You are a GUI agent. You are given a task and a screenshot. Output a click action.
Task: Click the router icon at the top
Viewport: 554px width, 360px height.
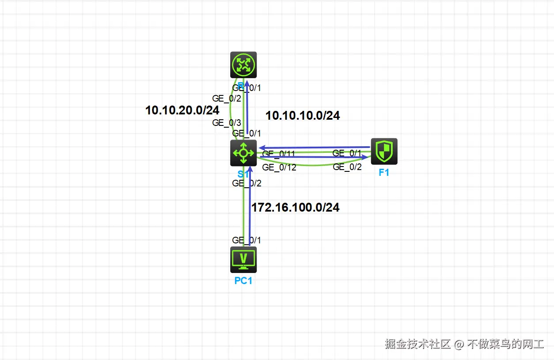coord(243,65)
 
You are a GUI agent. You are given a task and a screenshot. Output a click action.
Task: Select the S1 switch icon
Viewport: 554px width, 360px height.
coord(243,153)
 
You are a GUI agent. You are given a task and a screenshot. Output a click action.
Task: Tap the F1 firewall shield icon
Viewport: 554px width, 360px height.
coord(384,152)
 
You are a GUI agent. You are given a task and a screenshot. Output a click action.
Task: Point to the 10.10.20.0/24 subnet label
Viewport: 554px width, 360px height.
coord(182,110)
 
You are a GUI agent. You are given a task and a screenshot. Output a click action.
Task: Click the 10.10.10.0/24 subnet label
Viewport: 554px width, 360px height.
coord(303,116)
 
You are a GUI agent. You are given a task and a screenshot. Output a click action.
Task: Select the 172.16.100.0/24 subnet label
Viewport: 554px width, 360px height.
coord(295,208)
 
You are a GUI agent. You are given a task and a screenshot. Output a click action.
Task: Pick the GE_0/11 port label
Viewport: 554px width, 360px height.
coord(278,154)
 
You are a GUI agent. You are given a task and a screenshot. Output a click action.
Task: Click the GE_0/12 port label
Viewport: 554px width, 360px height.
coord(279,167)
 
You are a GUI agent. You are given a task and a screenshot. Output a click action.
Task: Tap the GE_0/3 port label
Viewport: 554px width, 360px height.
coord(227,123)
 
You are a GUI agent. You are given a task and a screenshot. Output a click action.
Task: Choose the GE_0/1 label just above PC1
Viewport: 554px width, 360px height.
coord(247,240)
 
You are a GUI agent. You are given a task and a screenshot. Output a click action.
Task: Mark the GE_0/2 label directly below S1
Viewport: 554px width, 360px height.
coord(247,183)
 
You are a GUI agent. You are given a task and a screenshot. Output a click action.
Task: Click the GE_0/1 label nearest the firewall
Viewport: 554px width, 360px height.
coord(347,153)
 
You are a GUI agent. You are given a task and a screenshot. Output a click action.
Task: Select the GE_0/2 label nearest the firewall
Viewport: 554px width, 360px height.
coord(347,167)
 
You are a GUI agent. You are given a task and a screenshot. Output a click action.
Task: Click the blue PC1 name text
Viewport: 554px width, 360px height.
coord(243,280)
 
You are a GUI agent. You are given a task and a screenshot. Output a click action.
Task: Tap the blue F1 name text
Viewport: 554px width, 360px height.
coord(384,173)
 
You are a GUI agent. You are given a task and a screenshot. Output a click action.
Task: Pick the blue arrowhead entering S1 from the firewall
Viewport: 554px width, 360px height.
coord(262,148)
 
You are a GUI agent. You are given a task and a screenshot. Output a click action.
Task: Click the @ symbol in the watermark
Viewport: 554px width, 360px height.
coord(459,344)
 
